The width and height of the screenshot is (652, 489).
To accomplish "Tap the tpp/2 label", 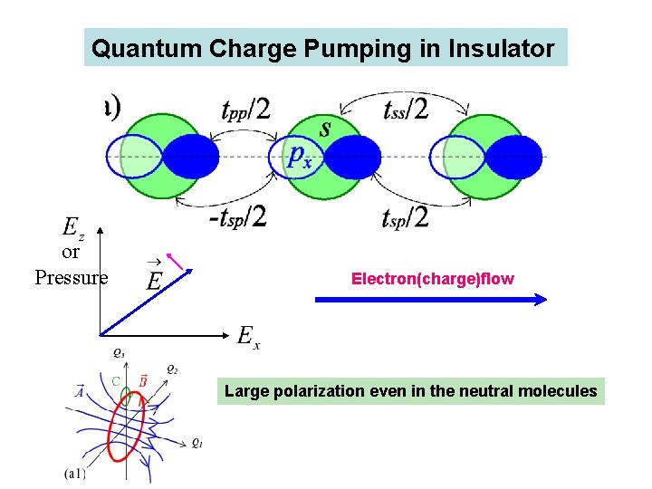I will pos(245,110).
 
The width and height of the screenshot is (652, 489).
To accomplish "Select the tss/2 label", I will pos(406,110).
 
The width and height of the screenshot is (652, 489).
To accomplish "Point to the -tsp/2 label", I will pos(236,218).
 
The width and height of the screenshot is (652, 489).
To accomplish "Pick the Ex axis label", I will pos(249,337).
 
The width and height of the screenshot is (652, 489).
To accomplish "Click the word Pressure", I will pos(71,278).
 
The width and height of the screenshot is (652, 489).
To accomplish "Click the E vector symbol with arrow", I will pos(155,278).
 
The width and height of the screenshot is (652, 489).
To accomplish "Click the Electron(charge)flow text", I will pos(432,279).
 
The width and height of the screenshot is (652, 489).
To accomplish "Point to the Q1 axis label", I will pos(197,444).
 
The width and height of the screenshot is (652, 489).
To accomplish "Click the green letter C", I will pos(116,381).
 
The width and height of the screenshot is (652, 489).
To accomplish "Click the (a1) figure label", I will pos(76,472).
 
